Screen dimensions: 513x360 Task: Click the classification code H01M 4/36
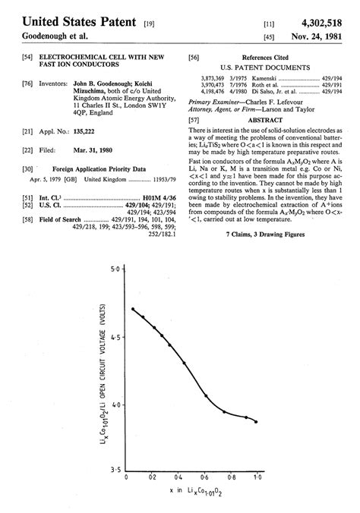click(x=160, y=197)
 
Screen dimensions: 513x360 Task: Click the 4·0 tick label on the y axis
click(x=115, y=405)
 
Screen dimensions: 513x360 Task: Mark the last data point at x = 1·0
click(x=256, y=421)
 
